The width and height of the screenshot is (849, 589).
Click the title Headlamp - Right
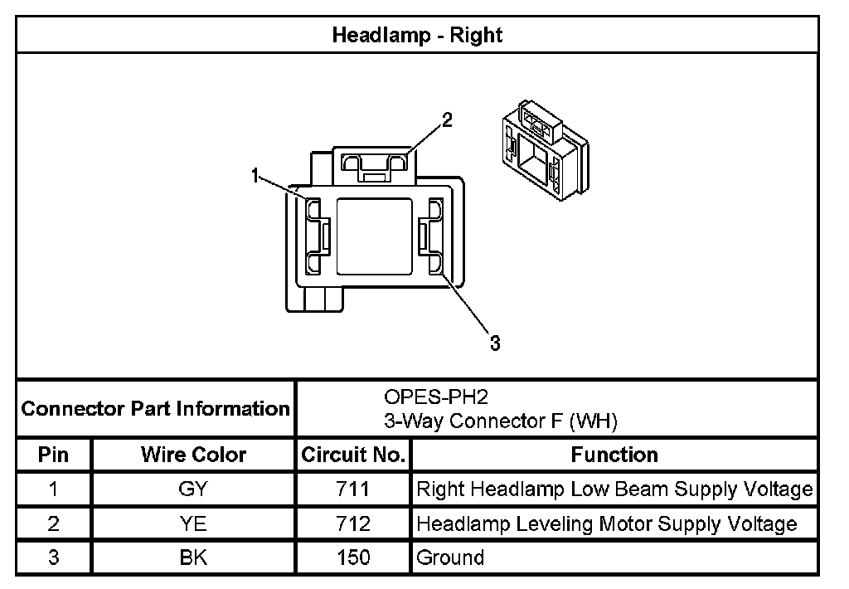pos(417,35)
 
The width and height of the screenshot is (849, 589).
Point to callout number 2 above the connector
pos(447,120)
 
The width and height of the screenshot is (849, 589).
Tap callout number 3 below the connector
pos(495,343)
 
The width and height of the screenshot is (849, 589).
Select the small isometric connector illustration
pos(543,149)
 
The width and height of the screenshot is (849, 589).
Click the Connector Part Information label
pos(155,408)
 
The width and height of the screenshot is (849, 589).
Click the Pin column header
pos(53,455)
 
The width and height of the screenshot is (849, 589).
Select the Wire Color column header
pos(193,455)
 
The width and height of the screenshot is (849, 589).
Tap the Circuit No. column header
pos(353,455)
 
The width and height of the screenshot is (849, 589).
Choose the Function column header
pos(614,455)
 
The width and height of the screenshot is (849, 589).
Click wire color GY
pos(193,489)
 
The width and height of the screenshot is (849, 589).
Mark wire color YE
pos(193,523)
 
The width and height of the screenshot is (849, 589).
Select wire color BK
pos(193,557)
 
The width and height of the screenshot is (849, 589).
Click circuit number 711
pos(354,489)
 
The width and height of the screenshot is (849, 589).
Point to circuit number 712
pos(354,523)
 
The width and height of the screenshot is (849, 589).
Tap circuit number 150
pos(354,557)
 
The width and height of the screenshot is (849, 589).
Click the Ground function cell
pos(450,557)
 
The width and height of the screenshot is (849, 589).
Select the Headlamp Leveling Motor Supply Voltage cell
pos(607,523)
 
